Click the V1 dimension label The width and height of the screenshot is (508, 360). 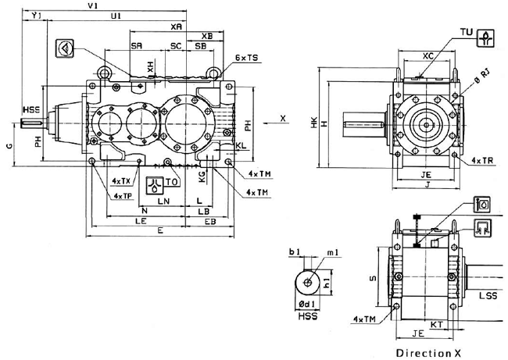click(x=91, y=5)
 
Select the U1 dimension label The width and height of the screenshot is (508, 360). click(x=115, y=16)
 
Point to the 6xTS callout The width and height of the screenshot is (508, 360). click(x=246, y=58)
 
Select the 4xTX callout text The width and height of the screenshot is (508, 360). click(x=120, y=181)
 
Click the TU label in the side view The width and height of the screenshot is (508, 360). click(x=467, y=32)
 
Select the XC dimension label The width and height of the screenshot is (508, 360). click(x=428, y=56)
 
